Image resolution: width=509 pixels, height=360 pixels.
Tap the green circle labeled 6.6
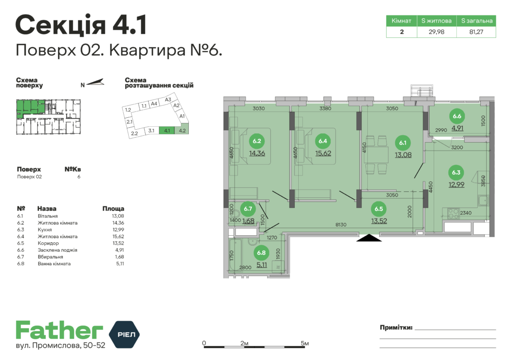[x=457, y=117]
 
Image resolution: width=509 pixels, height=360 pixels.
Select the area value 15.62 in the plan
[x=324, y=153]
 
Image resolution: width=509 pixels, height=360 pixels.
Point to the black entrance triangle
[x=369, y=238]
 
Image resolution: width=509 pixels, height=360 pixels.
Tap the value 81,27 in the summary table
[x=476, y=32]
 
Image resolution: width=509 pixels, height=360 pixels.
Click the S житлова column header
[x=436, y=21]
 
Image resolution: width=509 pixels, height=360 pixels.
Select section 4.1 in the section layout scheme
[x=167, y=131]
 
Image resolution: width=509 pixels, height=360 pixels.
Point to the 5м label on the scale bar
[x=305, y=344]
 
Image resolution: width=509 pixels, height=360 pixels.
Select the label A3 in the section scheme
[x=168, y=99]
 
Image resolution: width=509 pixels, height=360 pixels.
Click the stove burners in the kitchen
[x=453, y=214]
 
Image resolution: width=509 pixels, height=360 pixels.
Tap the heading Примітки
[x=396, y=327]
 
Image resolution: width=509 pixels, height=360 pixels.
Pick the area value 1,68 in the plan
[x=249, y=221]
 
